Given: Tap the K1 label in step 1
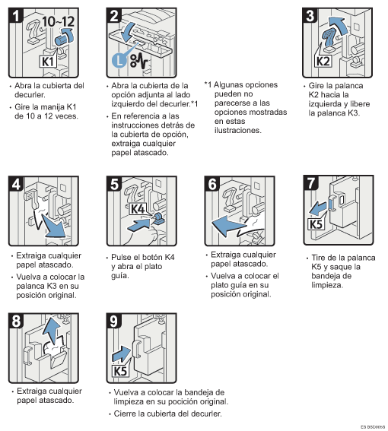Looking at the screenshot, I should click(x=46, y=59).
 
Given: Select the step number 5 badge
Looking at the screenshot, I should click(x=115, y=185).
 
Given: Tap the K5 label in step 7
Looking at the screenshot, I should click(x=316, y=224).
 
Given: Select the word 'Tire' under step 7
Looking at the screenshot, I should click(x=321, y=258).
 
